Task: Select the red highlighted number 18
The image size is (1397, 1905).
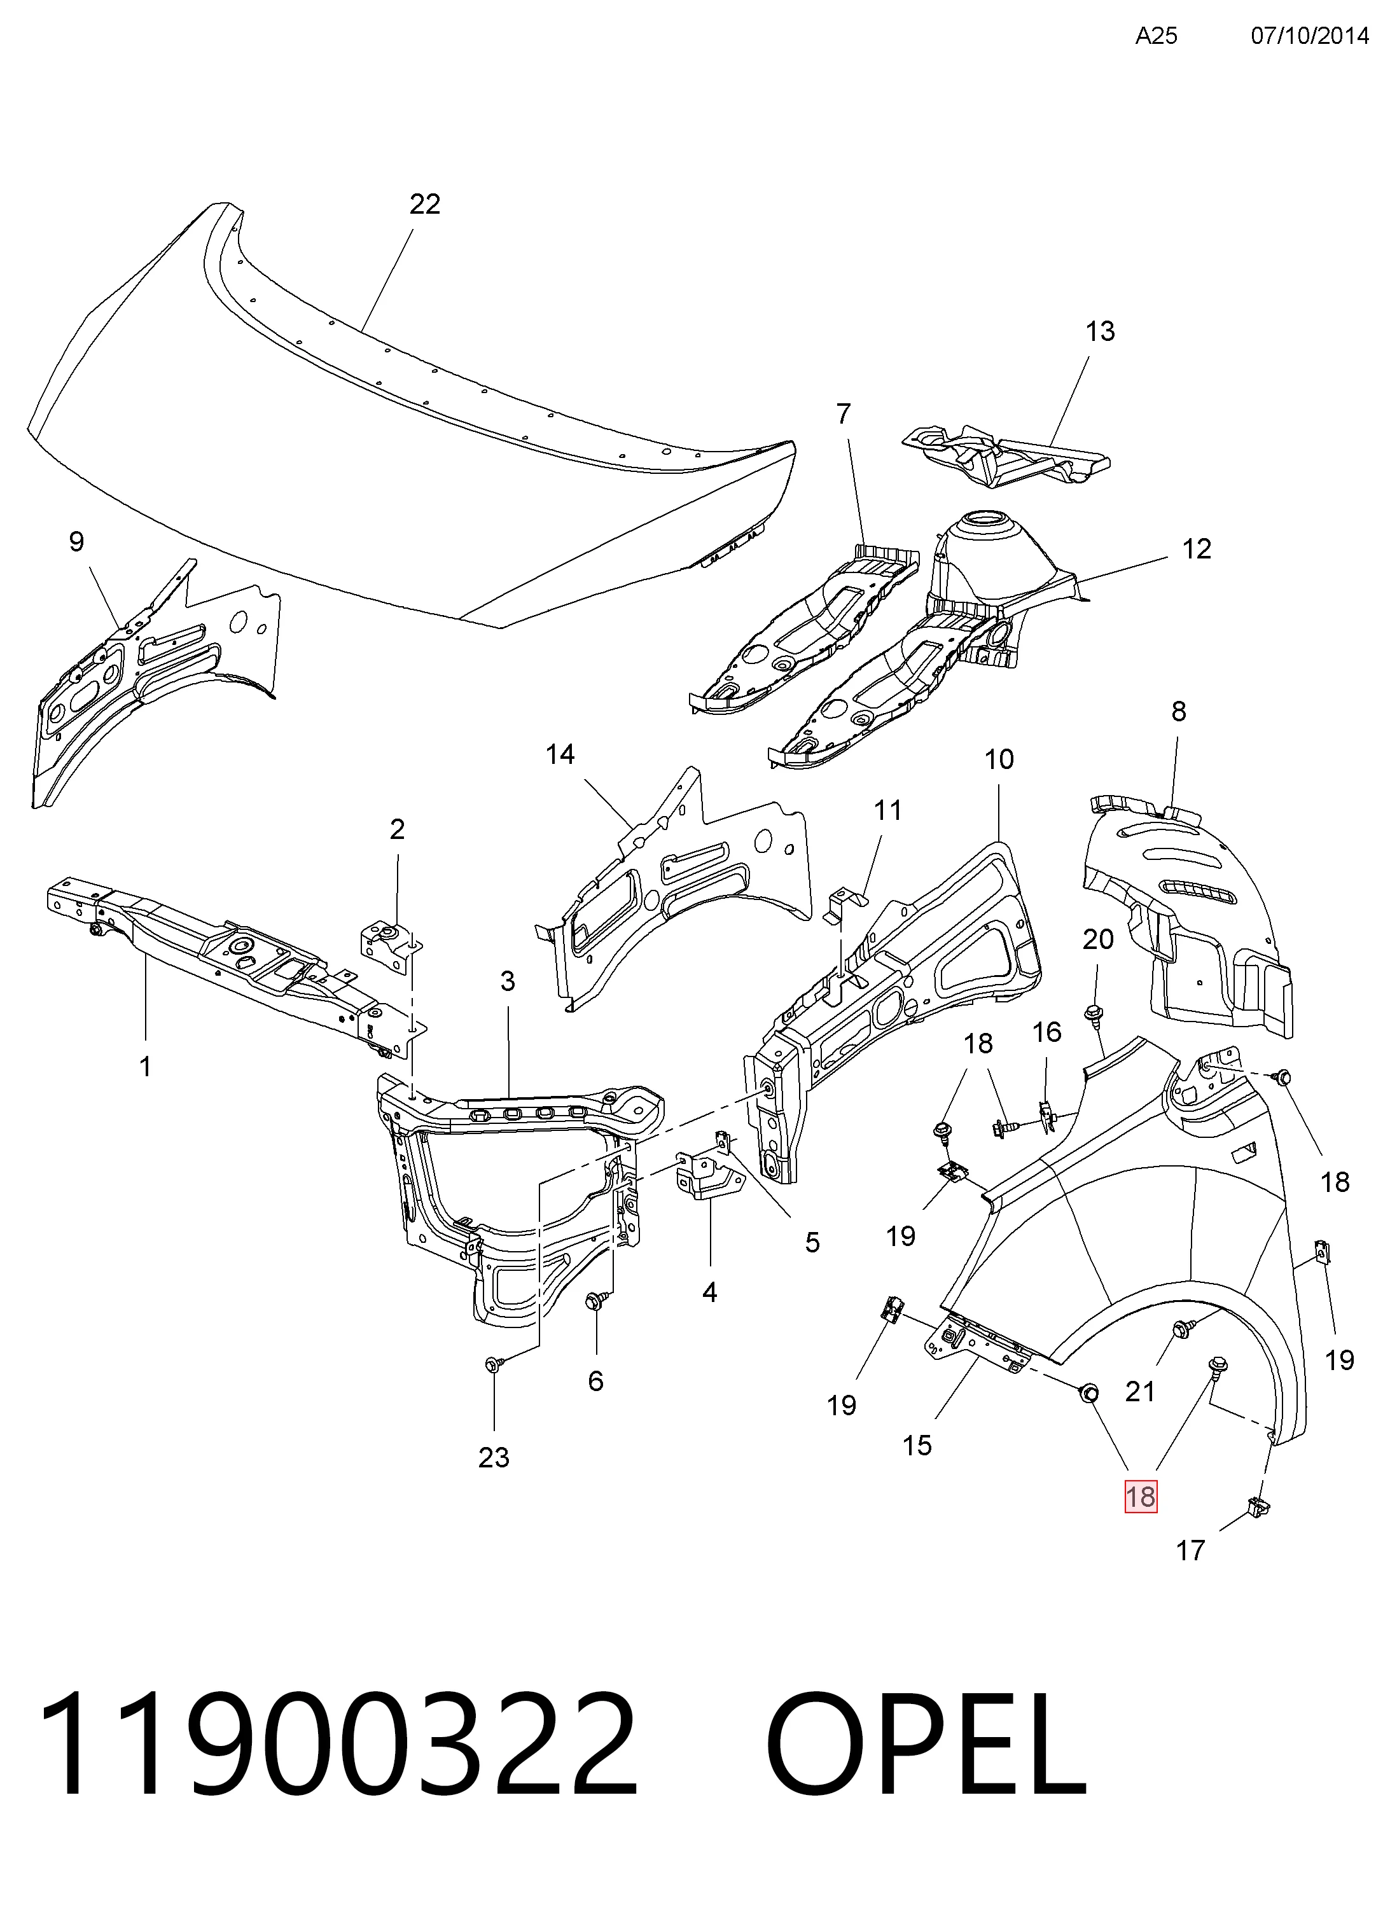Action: pos(1140,1497)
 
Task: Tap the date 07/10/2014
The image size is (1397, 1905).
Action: pos(1309,36)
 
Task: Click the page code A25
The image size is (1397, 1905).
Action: pos(1156,36)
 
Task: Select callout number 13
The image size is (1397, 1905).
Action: pos(1100,331)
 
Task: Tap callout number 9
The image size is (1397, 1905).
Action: pos(77,541)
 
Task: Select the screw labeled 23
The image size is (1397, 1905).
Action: pos(494,1363)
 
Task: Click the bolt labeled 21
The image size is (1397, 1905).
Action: pos(1181,1328)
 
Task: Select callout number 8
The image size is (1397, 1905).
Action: pos(1178,712)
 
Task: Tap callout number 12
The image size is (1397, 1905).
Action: pos(1197,550)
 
